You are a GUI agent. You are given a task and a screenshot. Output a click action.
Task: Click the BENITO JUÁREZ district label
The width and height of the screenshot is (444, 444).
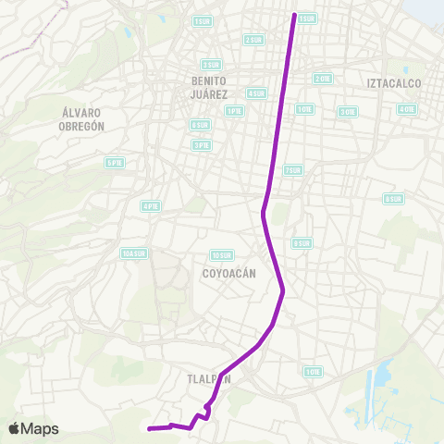click(207, 86)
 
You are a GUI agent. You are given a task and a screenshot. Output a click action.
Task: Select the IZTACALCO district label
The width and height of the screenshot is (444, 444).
click(394, 83)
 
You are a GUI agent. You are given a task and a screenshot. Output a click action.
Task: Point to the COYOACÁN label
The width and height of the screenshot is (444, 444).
click(228, 274)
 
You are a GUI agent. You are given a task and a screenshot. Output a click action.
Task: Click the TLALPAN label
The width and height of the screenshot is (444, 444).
click(207, 378)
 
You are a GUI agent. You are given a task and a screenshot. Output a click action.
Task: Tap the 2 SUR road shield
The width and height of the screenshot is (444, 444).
click(253, 40)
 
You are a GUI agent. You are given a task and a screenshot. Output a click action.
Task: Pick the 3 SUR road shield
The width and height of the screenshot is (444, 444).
click(211, 65)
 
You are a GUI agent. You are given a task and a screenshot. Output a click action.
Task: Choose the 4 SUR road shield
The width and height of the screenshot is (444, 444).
click(256, 92)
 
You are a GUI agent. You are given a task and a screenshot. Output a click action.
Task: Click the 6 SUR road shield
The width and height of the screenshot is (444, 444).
click(199, 124)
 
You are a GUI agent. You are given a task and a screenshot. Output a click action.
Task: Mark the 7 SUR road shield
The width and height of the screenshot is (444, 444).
click(293, 170)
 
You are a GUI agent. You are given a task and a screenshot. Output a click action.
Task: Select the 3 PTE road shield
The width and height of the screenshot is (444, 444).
click(201, 144)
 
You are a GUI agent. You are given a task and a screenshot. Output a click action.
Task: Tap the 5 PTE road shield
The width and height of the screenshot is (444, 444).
click(115, 163)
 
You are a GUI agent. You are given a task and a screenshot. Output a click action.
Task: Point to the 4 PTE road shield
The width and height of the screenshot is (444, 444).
click(149, 205)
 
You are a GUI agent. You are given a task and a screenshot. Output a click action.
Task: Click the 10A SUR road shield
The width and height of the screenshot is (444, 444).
click(134, 253)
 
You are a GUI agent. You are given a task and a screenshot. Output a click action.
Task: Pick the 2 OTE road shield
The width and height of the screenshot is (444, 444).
click(323, 79)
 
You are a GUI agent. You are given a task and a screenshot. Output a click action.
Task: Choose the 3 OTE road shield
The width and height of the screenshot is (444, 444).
click(347, 111)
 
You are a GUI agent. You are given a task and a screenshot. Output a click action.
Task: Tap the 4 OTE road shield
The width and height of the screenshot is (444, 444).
click(406, 108)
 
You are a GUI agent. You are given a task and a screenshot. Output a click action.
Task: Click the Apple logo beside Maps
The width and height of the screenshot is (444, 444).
click(15, 428)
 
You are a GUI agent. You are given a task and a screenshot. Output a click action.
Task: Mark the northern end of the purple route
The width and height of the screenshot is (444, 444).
click(295, 16)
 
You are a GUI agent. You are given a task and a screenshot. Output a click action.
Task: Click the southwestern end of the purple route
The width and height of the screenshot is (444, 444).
click(150, 428)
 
